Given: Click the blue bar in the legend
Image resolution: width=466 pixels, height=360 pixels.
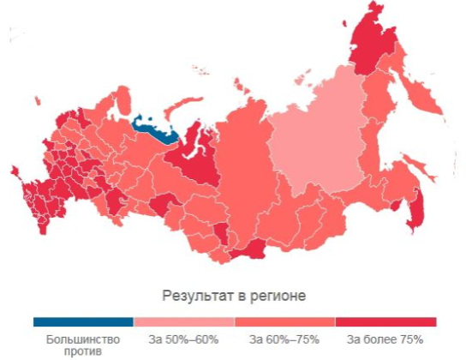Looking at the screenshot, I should (x=83, y=322).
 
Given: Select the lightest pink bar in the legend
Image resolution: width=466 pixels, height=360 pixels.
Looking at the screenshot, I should (x=184, y=322).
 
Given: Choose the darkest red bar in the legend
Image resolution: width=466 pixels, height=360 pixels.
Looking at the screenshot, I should (x=386, y=322).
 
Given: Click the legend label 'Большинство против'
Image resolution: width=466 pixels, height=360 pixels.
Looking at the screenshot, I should (x=83, y=345).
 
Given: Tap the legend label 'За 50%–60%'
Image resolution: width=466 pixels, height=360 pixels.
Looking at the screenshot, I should (x=184, y=339).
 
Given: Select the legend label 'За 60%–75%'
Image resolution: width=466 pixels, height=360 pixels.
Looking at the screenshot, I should (x=285, y=339).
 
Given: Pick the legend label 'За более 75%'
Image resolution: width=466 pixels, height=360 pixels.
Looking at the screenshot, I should (x=386, y=339).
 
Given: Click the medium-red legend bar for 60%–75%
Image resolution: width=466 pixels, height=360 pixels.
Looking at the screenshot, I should (x=285, y=322).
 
